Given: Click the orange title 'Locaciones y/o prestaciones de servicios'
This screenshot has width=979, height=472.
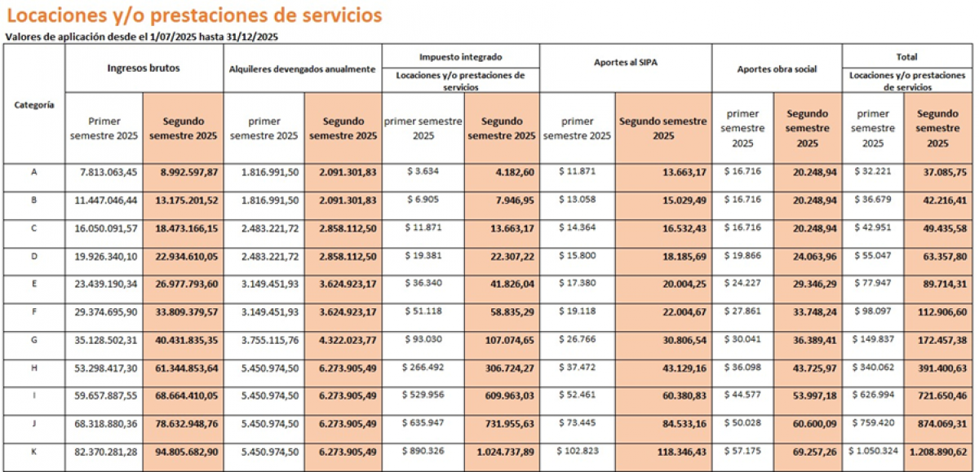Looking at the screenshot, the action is (194, 15).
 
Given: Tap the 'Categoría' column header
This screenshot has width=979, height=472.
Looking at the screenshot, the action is (34, 105).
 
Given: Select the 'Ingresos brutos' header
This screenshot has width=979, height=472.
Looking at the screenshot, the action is (144, 68).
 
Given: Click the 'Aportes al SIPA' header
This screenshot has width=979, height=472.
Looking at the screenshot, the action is (626, 63).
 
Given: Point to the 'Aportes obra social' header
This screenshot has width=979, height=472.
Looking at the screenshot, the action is (777, 69).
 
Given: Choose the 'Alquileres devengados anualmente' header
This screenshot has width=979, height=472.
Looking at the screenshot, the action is (302, 69).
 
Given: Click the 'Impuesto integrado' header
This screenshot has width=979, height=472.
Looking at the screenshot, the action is (461, 57).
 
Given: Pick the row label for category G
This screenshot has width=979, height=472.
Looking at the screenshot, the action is (34, 340).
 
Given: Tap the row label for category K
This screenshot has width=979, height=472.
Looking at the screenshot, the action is (34, 452).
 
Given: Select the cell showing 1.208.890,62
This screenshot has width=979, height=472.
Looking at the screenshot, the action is (938, 452).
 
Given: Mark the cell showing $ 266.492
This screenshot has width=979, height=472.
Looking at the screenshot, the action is (423, 367).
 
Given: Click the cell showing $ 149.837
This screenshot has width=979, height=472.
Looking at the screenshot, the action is (873, 339).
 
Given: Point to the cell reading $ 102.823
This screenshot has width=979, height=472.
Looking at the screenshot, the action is (578, 451).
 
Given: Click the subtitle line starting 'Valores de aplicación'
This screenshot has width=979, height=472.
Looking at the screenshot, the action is (141, 37).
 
